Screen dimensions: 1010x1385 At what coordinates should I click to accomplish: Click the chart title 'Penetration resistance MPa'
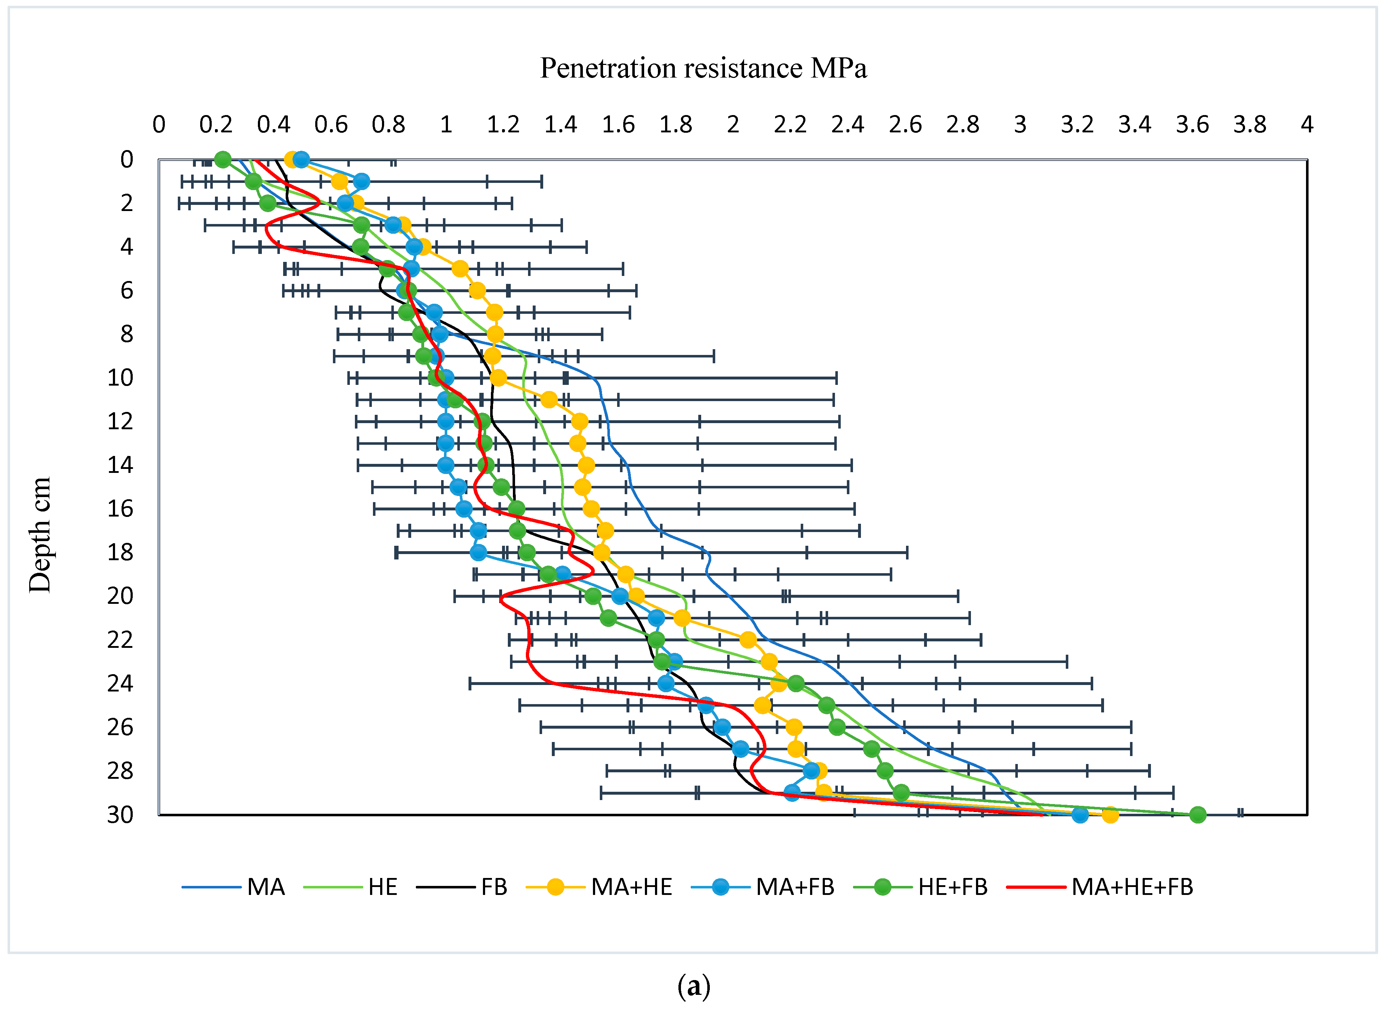(x=703, y=68)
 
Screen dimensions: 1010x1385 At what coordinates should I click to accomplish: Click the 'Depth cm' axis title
(x=40, y=535)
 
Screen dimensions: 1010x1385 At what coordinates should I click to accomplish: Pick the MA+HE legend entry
(x=599, y=887)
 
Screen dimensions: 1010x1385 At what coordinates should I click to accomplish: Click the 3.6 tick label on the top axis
(x=1192, y=125)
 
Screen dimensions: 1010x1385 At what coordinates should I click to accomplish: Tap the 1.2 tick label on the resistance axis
(x=503, y=125)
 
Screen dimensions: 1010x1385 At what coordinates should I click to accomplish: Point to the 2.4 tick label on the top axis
(x=848, y=125)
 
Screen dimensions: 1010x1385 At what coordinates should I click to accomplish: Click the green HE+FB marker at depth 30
(x=1198, y=814)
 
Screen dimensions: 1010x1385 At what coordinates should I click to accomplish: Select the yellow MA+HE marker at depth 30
(x=1110, y=814)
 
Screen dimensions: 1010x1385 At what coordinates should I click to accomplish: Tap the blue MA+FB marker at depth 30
(x=1080, y=814)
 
